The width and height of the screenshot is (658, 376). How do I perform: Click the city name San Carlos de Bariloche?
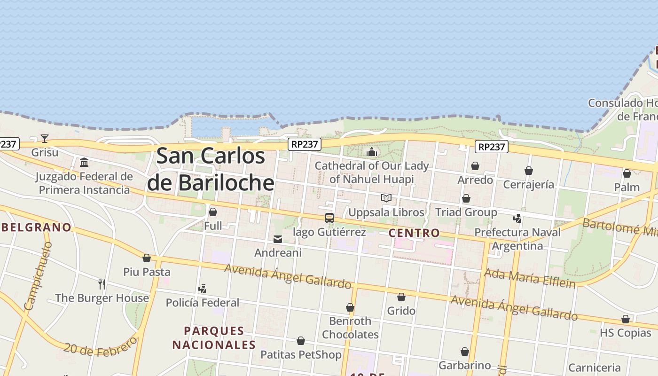(211, 169)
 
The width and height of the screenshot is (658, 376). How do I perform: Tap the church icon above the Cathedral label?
(372, 152)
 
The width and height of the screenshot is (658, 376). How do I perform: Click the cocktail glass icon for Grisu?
(45, 138)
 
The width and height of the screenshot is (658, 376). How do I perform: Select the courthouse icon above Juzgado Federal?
(84, 163)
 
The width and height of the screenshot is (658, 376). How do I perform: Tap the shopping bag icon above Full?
(213, 212)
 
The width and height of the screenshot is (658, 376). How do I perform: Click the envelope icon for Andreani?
(278, 239)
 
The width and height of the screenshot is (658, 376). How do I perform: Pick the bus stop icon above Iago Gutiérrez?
(329, 218)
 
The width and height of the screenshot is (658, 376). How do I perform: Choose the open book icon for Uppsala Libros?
(386, 198)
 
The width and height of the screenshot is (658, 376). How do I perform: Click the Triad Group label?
(466, 212)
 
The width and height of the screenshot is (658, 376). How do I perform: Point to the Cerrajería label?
(529, 184)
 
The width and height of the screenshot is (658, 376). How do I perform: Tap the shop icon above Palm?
(627, 173)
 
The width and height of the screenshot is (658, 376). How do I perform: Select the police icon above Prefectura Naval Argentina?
(517, 218)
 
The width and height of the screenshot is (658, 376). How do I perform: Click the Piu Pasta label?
(147, 272)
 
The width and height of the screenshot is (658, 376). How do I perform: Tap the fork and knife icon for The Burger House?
(102, 284)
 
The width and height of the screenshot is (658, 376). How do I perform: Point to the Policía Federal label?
(203, 303)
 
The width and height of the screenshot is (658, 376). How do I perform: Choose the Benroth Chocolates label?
(350, 328)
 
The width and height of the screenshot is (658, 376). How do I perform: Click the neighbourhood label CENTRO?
(414, 233)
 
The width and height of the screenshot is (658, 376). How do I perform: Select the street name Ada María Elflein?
(530, 278)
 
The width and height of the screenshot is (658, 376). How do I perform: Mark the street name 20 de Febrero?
(101, 347)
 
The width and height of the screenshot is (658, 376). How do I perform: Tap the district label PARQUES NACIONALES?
(214, 337)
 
